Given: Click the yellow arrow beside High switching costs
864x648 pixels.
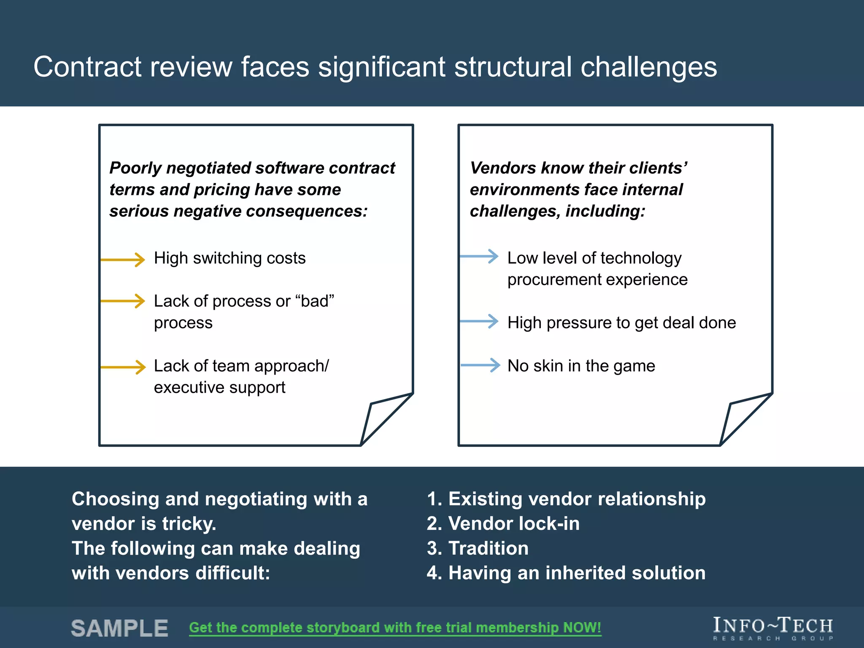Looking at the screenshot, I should pos(123,259).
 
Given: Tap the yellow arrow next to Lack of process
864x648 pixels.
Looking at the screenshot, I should pos(123,301).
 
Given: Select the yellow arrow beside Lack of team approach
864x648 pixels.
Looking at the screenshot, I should pos(123,367).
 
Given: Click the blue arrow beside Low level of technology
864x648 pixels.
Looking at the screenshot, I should pos(480,256).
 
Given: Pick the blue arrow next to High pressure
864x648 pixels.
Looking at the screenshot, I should pos(480,321).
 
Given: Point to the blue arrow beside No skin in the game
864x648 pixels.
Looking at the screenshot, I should pos(481,365).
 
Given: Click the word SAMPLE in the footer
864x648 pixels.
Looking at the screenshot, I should pos(120,628).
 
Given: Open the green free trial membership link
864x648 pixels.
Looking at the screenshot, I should pos(395,628).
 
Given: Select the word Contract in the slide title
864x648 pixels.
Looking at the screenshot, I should pos(87,67).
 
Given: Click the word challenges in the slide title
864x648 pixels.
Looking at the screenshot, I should pos(648,67).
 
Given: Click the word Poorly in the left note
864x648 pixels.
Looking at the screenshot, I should pos(135,168).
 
